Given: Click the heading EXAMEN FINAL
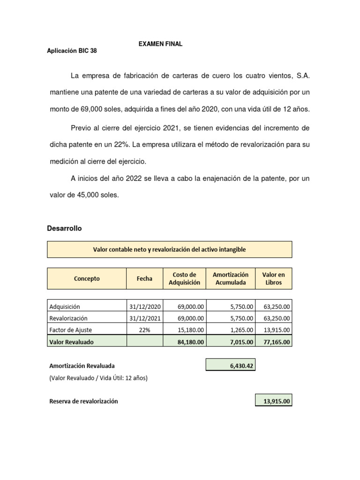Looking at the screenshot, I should pos(160,44).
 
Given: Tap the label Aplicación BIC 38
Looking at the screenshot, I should pos(72,51).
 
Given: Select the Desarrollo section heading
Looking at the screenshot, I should pos(64,228).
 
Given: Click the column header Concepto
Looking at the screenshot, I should pos(87,278).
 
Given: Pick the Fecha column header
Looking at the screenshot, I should pos(144,278).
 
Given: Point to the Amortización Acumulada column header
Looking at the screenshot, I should pos(231,278).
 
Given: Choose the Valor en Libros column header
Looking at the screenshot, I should pos(274,278).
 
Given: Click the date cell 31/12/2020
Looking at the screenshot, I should pos(144,307).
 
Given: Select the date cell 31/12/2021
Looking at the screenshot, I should pos(144,318).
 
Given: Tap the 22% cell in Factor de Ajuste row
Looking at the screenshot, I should pos(144,330).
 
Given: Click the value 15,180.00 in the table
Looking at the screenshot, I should pos(190,330).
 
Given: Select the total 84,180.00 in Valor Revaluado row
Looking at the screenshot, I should pos(190,342).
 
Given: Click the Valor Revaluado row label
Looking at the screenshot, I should pos(71,342).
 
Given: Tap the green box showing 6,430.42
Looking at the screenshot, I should pos(230,365).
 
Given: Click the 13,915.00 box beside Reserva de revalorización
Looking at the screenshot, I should pos(274,401).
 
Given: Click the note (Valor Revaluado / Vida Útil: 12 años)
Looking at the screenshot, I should pos(98,377).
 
